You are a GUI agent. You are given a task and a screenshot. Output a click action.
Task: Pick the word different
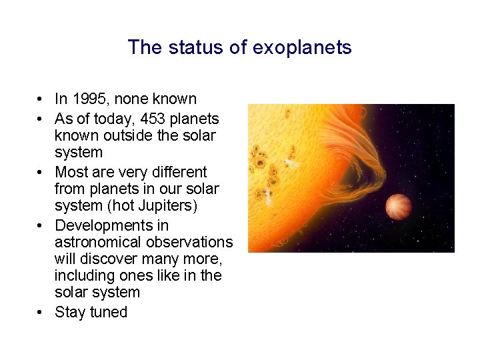click(173, 173)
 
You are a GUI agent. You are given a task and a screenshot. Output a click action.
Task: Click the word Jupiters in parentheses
click(166, 206)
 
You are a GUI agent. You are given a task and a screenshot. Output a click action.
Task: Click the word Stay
click(69, 313)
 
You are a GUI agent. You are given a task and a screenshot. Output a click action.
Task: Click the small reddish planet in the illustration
click(399, 207)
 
